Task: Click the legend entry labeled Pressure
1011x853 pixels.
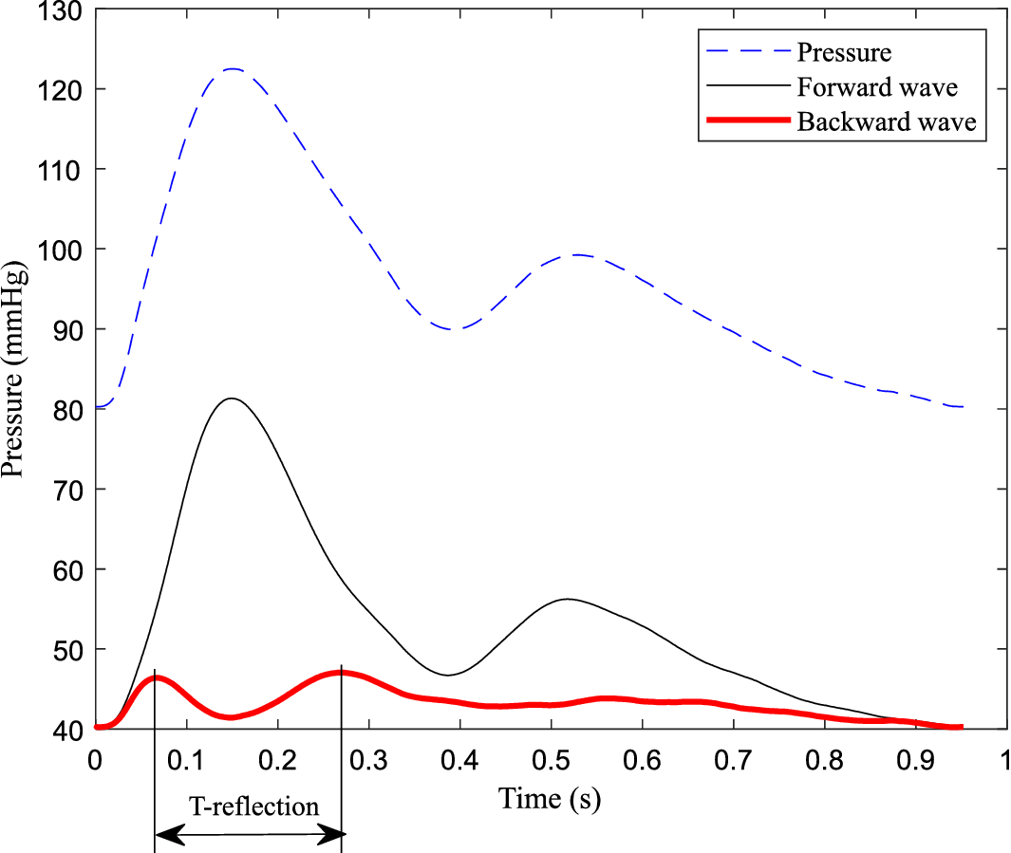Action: pos(843,51)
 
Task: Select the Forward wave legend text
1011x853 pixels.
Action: pos(877,86)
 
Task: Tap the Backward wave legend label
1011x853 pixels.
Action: pos(887,122)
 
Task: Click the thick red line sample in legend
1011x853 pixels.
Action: pos(743,121)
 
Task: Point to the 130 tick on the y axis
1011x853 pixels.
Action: pos(61,11)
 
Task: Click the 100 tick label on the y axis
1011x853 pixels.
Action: pos(61,250)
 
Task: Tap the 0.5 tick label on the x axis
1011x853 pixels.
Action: pos(551,761)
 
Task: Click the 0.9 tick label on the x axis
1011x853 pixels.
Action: pos(915,761)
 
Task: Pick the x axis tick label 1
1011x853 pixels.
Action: pos(1004,761)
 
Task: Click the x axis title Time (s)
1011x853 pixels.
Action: pos(551,800)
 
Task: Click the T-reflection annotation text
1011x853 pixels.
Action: pos(253,807)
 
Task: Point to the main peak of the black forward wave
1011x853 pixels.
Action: pos(231,399)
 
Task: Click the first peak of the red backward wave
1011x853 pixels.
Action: pos(157,677)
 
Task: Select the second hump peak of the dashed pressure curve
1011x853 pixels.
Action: pos(576,254)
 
